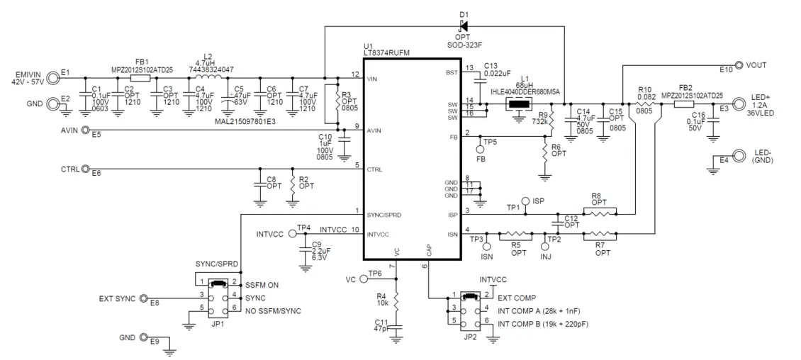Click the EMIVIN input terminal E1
pyautogui.click(x=53, y=74)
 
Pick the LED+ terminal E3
pyautogui.click(x=738, y=103)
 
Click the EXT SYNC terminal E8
pyautogui.click(x=144, y=298)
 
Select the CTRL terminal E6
pyautogui.click(x=86, y=169)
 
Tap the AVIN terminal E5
pyautogui.click(x=86, y=130)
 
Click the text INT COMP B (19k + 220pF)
pyautogui.click(x=544, y=324)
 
